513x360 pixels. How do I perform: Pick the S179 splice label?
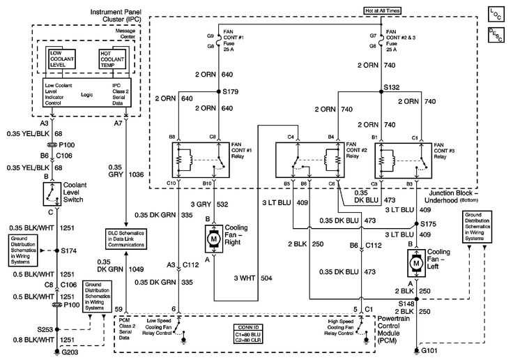coord(230,91)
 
